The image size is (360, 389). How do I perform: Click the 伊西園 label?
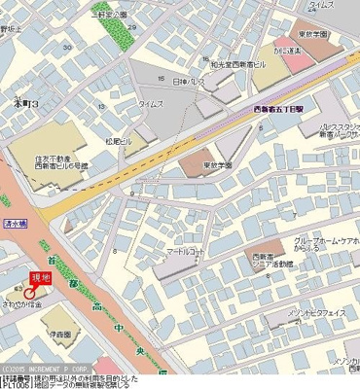[63, 334]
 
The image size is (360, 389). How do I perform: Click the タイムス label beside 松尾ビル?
[152, 102]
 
